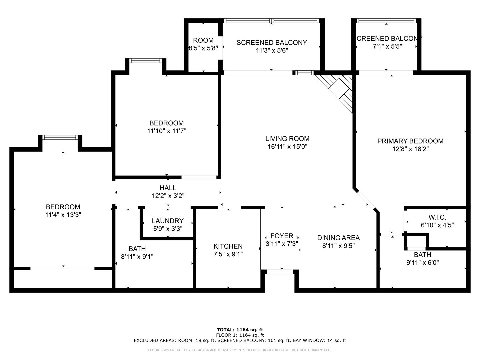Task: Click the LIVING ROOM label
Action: pos(287,139)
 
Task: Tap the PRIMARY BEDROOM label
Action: pos(410,141)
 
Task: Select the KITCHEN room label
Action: pos(228,246)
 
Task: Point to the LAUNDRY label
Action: pos(168,221)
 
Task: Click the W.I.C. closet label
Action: pos(437,217)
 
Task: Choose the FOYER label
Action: pos(282,236)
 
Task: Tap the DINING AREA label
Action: pos(339,238)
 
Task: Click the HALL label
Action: pos(168,188)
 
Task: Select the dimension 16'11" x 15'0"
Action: pos(288,146)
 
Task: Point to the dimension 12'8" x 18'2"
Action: pos(410,149)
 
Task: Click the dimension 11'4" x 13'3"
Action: pos(63,215)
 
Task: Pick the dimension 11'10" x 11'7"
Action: pos(167,131)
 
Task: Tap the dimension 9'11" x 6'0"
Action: pos(423,263)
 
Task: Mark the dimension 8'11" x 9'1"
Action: pos(137,257)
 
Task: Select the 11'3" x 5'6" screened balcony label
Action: pos(272,46)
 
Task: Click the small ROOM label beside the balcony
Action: pos(203,40)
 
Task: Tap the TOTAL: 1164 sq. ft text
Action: pos(240,330)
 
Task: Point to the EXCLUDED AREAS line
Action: pos(240,340)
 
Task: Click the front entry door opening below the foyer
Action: pos(280,272)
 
